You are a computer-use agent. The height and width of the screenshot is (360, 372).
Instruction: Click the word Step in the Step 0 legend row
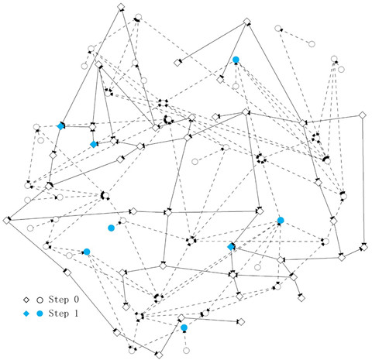coord(59,300)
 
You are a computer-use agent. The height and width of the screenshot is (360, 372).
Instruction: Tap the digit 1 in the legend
coord(76,314)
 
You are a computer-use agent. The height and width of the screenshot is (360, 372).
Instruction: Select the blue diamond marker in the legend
coord(26,314)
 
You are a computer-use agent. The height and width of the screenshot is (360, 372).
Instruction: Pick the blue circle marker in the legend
coord(40,314)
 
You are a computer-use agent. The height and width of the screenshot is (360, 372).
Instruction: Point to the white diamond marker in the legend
coord(26,300)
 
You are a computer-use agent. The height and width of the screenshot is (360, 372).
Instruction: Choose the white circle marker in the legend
coord(40,300)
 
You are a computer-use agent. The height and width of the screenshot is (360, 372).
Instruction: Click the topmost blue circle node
coord(236,60)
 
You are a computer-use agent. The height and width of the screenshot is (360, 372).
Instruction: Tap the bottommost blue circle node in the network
coord(184,327)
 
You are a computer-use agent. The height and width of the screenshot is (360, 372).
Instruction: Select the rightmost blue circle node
coord(281,220)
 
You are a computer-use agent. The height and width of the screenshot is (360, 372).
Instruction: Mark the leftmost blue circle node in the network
coord(87,252)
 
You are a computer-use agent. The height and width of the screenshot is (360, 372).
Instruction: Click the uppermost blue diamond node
coord(60,126)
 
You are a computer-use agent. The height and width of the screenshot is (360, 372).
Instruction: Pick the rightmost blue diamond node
coord(231,247)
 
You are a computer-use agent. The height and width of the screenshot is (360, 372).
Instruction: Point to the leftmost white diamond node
coord(7,221)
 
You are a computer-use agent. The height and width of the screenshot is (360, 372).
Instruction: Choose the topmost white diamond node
coord(121,7)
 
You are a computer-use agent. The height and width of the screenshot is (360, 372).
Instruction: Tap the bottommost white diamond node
coord(159,355)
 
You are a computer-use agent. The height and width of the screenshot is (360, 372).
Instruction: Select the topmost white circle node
coord(139,17)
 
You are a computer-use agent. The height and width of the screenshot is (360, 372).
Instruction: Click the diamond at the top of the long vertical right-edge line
coord(363,115)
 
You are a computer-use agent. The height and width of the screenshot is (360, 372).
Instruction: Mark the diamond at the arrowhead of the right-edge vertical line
coord(364,248)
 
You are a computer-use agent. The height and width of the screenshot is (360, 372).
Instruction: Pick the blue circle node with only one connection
coord(111,228)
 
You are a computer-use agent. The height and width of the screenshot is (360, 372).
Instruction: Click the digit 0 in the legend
coord(76,300)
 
